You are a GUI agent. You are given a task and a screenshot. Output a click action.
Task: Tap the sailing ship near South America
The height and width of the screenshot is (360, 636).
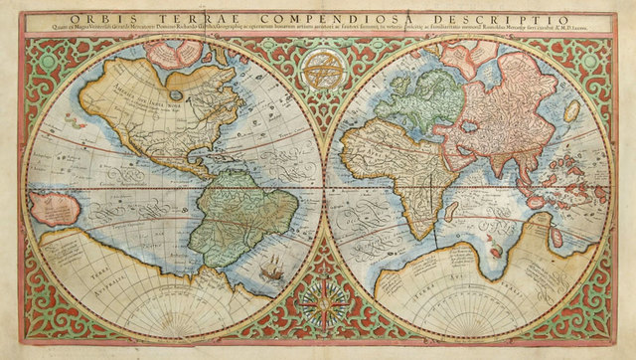[x=271, y=267]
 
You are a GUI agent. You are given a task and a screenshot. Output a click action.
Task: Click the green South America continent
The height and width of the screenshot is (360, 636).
[x=238, y=214]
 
